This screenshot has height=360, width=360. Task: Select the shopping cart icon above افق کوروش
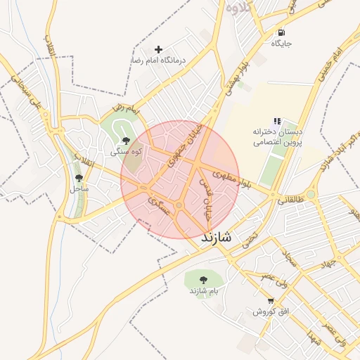(271, 300)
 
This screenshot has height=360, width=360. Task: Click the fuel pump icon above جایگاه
(281, 32)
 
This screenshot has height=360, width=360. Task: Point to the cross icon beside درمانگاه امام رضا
(158, 49)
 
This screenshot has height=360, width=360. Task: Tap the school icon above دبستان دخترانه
(277, 122)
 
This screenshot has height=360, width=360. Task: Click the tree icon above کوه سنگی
(126, 141)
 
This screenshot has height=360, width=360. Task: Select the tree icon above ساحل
(78, 178)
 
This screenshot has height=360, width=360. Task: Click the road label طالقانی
(291, 199)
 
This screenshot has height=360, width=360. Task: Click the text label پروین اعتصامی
(277, 141)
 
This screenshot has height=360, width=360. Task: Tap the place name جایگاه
(281, 44)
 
